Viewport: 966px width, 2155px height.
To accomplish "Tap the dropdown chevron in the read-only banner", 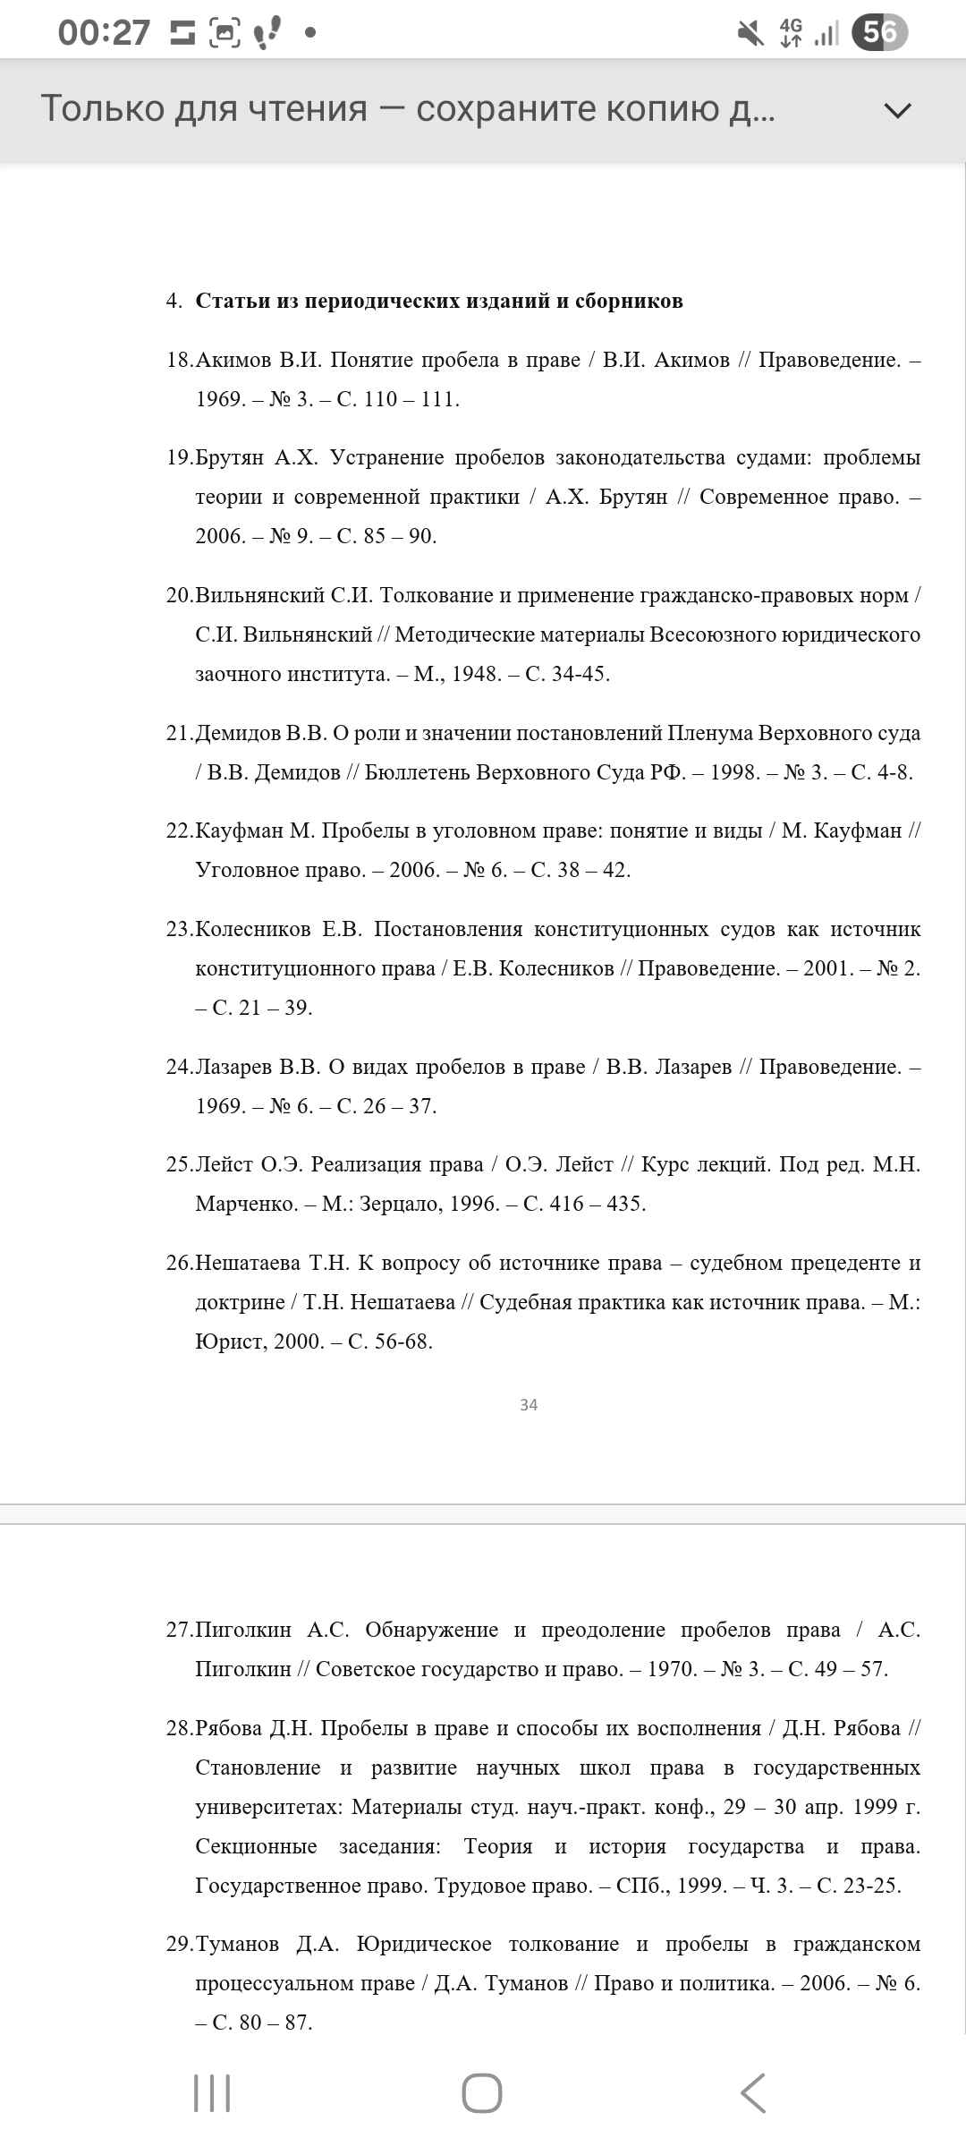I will tap(897, 110).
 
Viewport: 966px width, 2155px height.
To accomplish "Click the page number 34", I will tap(529, 1404).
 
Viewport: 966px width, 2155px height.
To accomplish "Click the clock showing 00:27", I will tap(104, 33).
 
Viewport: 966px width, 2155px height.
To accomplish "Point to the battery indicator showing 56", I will tap(879, 33).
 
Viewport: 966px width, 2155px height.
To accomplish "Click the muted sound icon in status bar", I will tap(750, 33).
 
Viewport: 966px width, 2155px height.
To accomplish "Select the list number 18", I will tap(179, 360).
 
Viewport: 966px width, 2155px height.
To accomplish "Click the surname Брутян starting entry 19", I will tap(230, 457).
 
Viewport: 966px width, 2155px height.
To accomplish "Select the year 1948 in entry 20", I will tap(475, 674).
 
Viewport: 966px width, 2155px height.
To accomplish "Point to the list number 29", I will tap(179, 1944).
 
